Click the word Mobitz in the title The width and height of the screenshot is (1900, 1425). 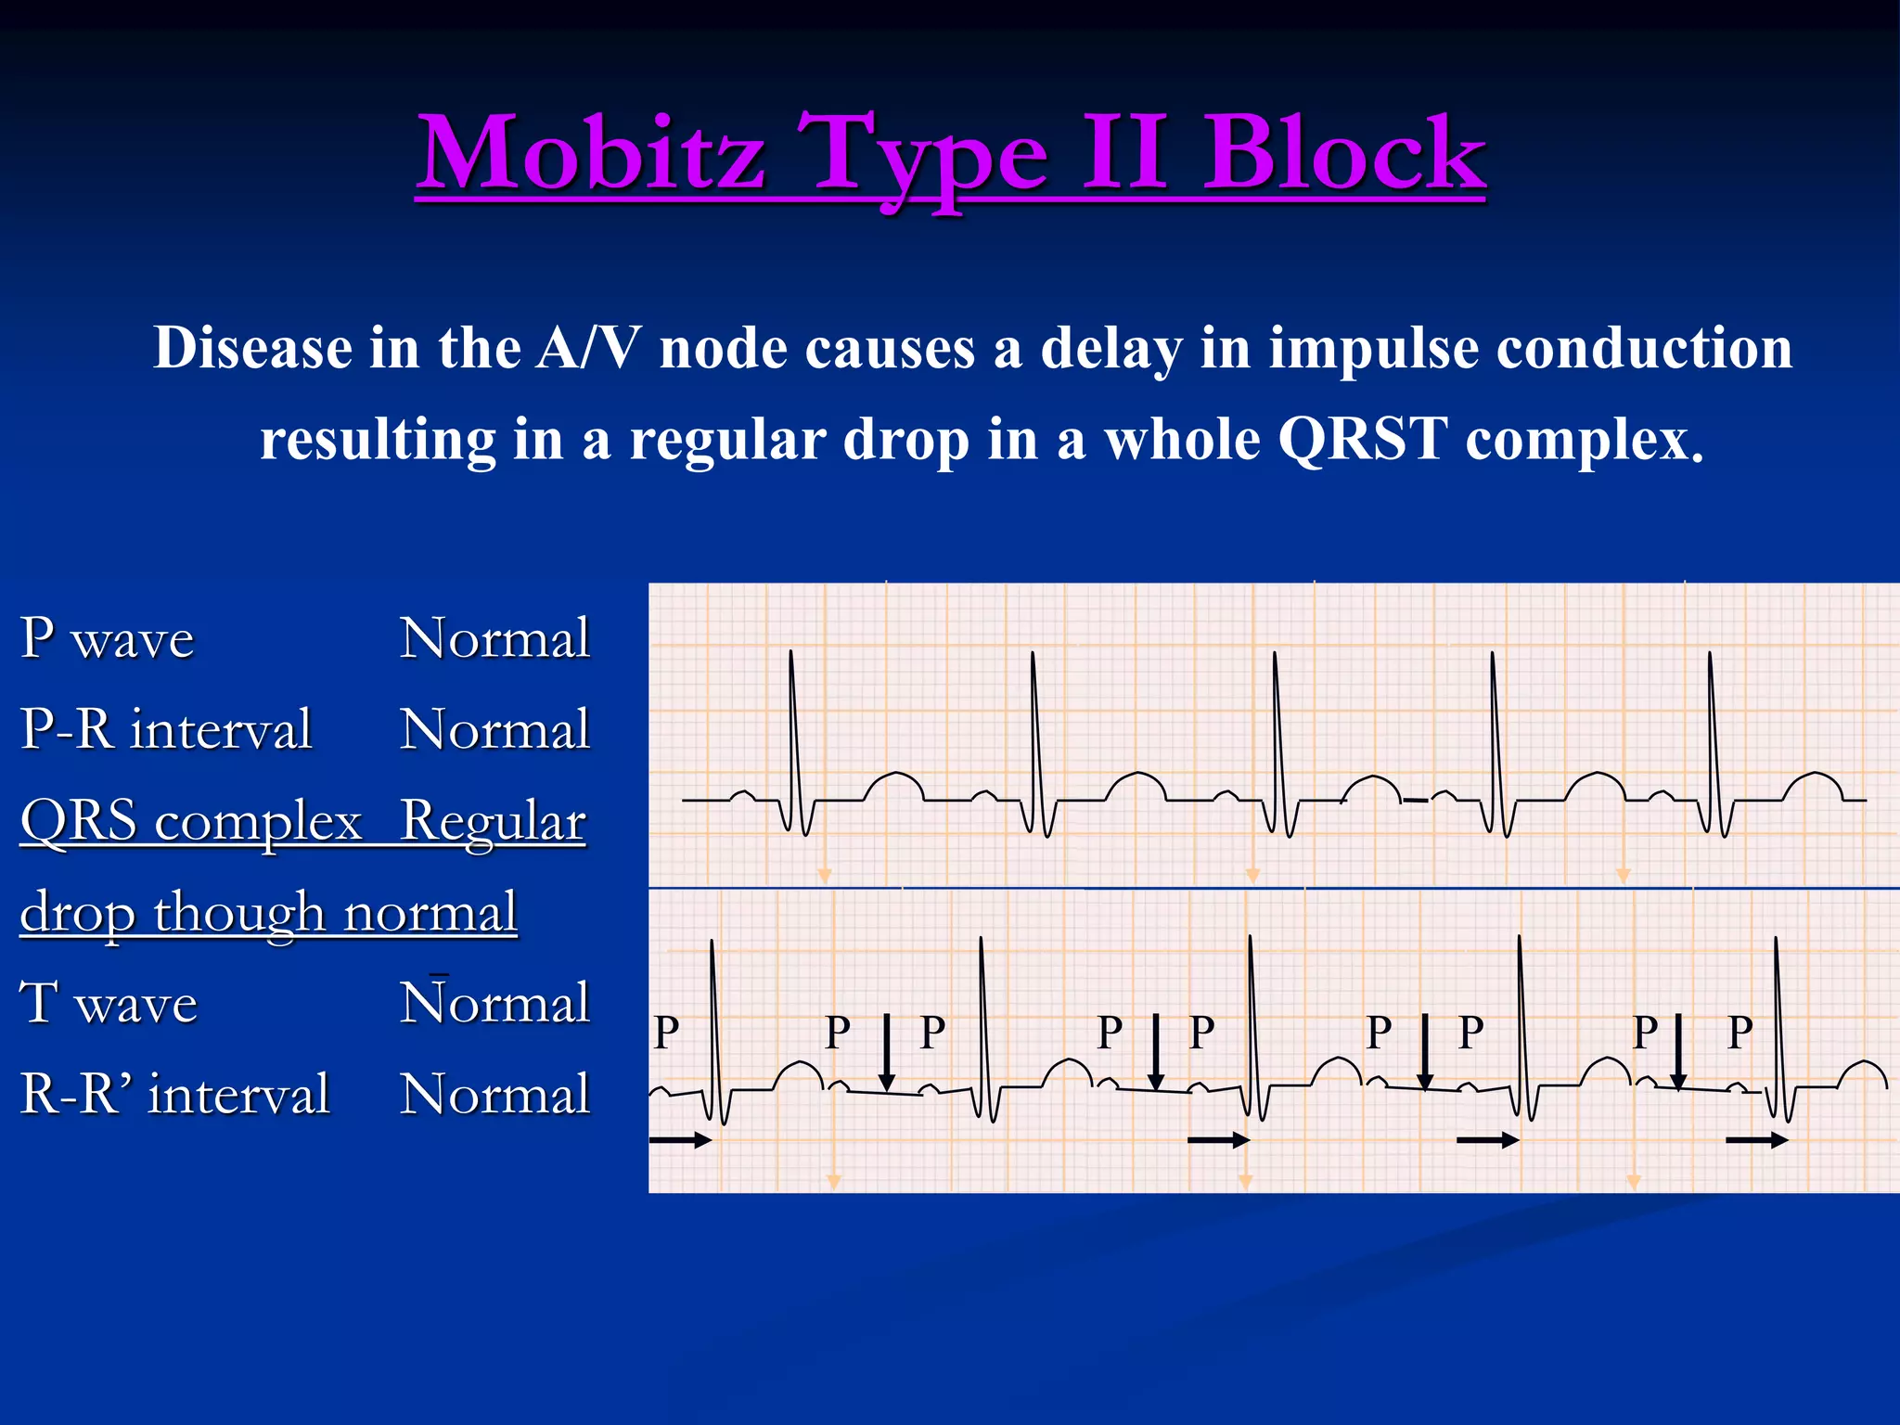pos(591,153)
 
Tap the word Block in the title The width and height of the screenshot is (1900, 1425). pos(1344,153)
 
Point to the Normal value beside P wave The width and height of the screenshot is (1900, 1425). pos(494,638)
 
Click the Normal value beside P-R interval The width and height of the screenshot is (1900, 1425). pos(494,729)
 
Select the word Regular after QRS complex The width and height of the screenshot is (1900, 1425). pos(493,821)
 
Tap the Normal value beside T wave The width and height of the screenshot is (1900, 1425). pos(494,1003)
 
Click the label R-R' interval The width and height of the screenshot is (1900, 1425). pos(175,1094)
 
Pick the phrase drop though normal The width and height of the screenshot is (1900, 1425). pos(268,913)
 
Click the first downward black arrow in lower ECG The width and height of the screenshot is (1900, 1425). pos(886,1053)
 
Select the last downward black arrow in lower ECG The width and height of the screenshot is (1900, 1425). pos(1677,1053)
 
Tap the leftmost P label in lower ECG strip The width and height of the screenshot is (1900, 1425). pos(666,1033)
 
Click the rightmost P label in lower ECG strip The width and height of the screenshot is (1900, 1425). pos(1740,1033)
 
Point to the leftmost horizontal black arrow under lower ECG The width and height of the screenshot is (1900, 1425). pos(680,1140)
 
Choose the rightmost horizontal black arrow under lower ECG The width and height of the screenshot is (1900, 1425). pos(1756,1140)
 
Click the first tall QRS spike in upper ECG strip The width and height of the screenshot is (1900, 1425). pos(791,724)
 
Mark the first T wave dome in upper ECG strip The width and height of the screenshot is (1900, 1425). pos(893,784)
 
